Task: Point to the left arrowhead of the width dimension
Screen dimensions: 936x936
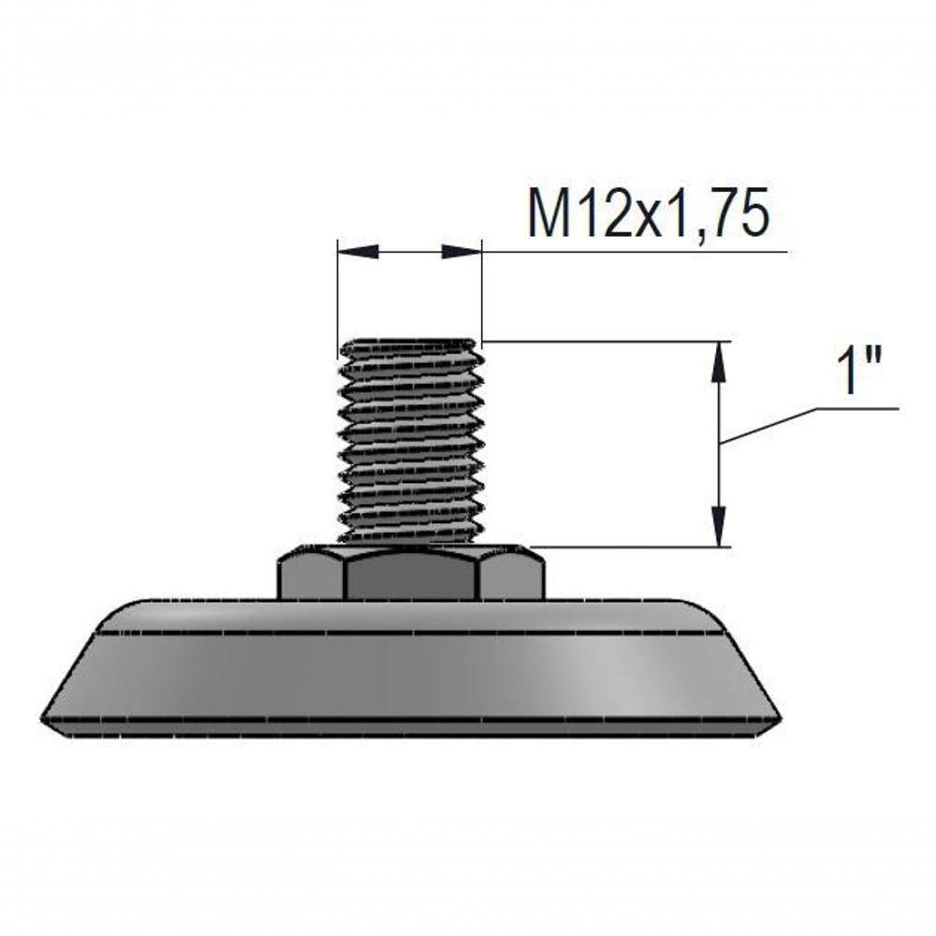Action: pyautogui.click(x=358, y=252)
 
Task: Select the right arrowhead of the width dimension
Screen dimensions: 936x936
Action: pyautogui.click(x=461, y=252)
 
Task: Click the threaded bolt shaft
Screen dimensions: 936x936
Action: pyautogui.click(x=410, y=442)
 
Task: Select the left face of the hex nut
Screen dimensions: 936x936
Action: pyautogui.click(x=312, y=578)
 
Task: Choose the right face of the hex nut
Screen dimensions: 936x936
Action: pyautogui.click(x=512, y=578)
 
